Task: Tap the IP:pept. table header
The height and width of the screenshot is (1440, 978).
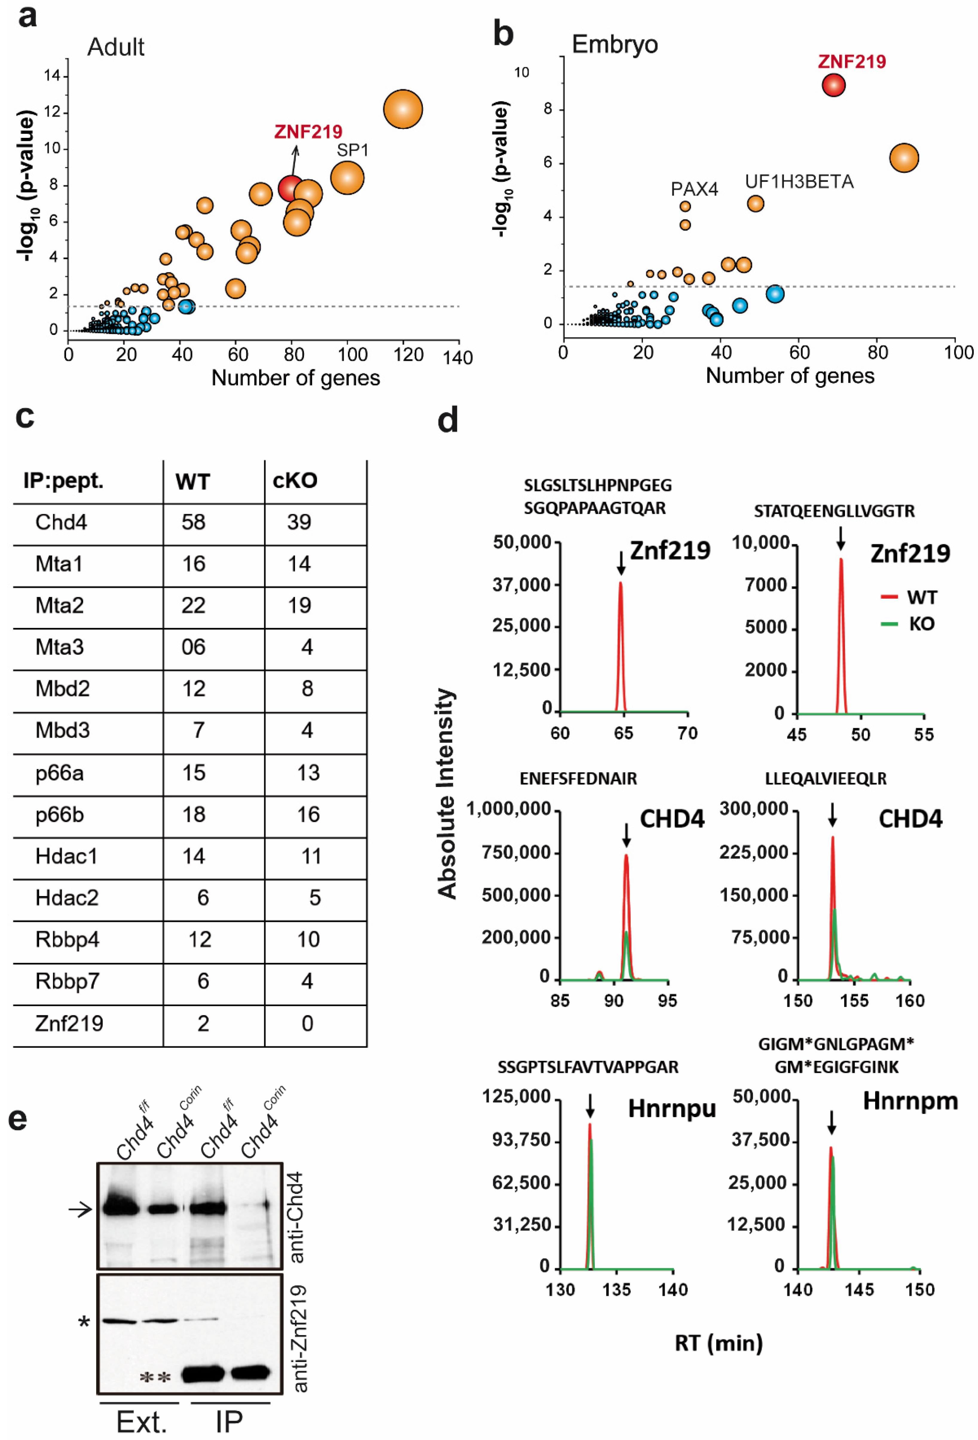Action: point(63,481)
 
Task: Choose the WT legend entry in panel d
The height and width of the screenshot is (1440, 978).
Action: point(921,597)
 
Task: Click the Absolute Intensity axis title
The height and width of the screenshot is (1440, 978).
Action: point(447,793)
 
